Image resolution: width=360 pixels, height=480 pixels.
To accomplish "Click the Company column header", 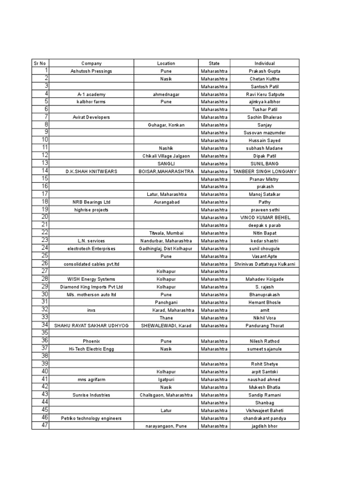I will (91, 63).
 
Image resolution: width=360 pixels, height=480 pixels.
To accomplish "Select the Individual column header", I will (264, 63).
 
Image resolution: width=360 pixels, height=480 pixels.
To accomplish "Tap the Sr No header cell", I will (40, 63).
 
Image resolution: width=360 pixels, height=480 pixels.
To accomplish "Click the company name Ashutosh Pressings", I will (91, 71).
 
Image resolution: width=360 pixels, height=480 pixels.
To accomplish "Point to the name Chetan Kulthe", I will (264, 79).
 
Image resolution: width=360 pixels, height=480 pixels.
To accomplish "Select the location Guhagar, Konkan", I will (166, 125).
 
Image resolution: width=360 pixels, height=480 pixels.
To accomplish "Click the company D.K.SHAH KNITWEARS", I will (91, 172).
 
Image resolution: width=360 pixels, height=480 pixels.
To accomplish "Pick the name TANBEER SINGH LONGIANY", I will (264, 172).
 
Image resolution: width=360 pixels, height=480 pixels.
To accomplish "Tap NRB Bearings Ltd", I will (91, 202).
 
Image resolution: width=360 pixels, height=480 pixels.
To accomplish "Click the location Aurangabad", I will (166, 202).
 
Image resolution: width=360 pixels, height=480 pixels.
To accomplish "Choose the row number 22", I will (45, 232).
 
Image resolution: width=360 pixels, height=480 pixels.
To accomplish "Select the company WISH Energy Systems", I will (91, 279).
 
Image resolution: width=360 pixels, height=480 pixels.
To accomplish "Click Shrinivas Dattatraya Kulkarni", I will (264, 264).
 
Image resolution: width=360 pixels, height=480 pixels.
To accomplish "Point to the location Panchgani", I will (166, 302).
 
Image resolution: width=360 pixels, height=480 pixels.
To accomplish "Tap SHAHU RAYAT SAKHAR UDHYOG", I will (91, 325).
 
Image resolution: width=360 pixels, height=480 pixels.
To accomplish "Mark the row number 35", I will (45, 333).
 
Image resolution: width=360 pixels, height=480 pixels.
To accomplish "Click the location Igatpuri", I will (166, 379).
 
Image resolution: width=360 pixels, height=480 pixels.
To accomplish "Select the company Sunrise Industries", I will (91, 395).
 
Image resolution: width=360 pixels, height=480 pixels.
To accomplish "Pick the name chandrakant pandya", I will (264, 418).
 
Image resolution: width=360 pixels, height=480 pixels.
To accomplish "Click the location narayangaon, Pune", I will (166, 426).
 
